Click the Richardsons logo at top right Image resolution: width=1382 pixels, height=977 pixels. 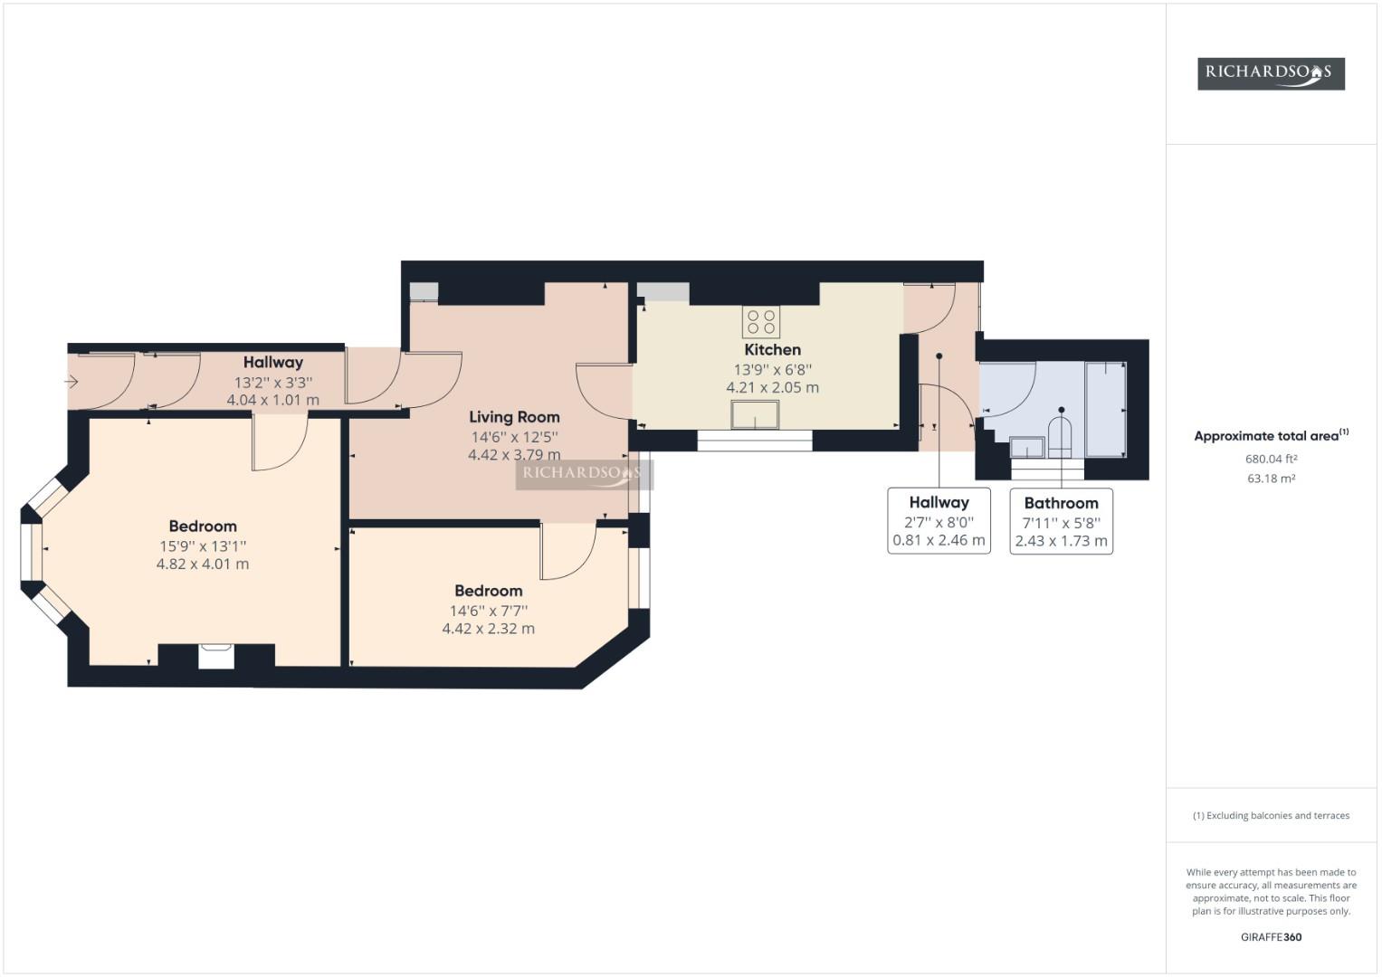click(1271, 73)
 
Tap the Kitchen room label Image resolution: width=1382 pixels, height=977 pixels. click(772, 350)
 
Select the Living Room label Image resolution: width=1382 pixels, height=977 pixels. click(514, 417)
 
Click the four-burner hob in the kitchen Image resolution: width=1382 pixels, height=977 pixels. click(761, 322)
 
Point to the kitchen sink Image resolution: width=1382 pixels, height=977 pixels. click(755, 415)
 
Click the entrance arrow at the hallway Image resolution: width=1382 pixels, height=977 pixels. click(71, 382)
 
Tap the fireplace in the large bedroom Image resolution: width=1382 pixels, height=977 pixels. click(215, 655)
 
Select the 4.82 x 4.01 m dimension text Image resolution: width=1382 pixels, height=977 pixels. click(203, 564)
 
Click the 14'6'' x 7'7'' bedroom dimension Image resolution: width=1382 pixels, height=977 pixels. click(489, 611)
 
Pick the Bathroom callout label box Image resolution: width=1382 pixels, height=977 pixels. click(1061, 521)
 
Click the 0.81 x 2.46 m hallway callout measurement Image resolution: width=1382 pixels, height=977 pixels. click(939, 540)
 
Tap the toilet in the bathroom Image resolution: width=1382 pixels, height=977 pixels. click(1060, 436)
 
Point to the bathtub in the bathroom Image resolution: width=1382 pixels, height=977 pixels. click(1105, 410)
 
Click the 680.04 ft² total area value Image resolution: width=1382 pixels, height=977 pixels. click(1271, 459)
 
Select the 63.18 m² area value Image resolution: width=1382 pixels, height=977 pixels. click(1271, 479)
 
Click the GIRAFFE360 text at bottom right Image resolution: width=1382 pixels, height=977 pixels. click(1271, 937)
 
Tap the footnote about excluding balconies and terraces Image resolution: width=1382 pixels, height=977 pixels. click(1271, 815)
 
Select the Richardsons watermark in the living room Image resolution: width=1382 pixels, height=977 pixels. click(584, 473)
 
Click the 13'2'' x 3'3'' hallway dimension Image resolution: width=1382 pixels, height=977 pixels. click(272, 382)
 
